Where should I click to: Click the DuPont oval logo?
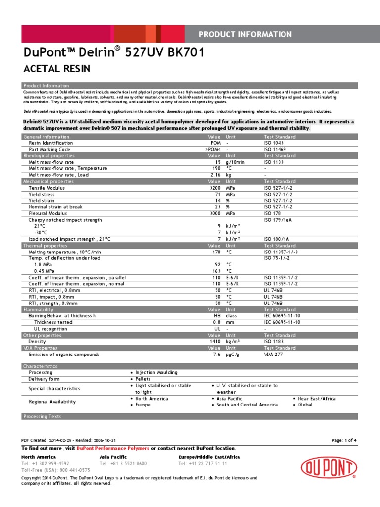[x=329, y=468]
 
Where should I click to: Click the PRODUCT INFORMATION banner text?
[x=245, y=34]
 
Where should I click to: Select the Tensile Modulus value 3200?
[x=214, y=188]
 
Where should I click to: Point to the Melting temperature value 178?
[x=216, y=252]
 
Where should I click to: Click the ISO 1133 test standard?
[x=273, y=162]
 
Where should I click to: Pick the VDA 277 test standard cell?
[x=273, y=355]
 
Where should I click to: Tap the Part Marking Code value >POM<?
[x=213, y=149]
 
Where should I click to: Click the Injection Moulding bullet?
[x=156, y=372]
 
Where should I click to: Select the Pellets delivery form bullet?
[x=142, y=379]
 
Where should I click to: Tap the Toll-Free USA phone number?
[x=55, y=470]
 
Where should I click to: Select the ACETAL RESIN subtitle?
[x=57, y=68]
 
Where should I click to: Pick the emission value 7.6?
[x=216, y=355]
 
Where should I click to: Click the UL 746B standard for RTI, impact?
[x=274, y=297]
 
